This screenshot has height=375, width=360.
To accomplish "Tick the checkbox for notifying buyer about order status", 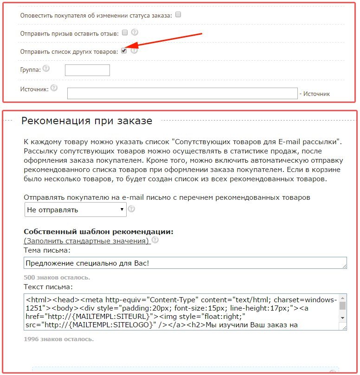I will pos(178,15).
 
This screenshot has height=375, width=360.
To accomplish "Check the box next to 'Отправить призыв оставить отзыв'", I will pos(124,33).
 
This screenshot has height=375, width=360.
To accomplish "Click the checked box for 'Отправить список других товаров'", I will pos(124,51).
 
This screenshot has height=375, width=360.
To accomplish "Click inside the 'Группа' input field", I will pos(87,70).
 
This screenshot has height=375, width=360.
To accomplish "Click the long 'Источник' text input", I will pos(182,93).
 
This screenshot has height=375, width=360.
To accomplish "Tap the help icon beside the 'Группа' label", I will pos(45,69).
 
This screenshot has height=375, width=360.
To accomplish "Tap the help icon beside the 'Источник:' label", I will pos(54,88).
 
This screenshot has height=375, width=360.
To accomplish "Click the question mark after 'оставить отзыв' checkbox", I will pos(135,32).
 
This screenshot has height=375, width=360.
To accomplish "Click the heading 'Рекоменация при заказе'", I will pos(87,121).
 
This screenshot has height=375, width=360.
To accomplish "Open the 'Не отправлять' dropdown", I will pos(75,210).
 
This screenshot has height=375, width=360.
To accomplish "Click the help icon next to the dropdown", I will pos(131,209).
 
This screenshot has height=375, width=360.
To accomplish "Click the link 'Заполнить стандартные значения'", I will pos(86,241).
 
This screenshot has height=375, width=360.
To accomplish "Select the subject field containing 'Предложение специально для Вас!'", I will pos(185,263).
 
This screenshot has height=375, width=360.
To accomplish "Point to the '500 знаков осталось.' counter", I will pos(57,278).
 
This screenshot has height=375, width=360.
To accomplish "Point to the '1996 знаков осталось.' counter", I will pos(58,339).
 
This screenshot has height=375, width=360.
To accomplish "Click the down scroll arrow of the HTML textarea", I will pos(343,318).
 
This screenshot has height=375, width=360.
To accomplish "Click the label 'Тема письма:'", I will pos(47,250).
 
